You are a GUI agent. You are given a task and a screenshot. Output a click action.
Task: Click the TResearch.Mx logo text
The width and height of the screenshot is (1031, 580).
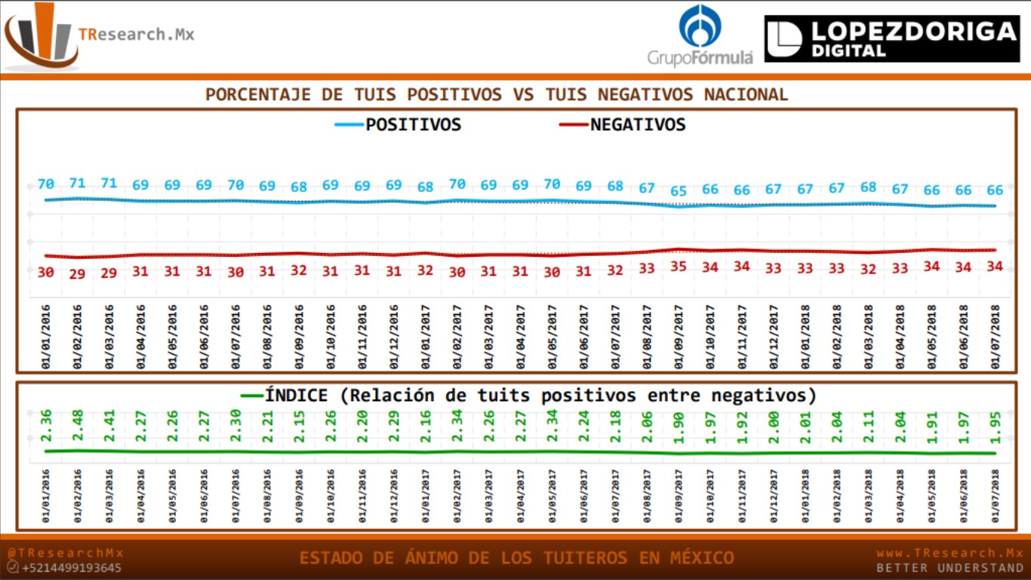tap(136, 34)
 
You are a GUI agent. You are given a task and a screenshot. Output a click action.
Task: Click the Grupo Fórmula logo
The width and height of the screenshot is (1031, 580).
tap(700, 36)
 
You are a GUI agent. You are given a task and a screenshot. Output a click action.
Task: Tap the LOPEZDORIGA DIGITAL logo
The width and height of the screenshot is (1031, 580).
tap(891, 39)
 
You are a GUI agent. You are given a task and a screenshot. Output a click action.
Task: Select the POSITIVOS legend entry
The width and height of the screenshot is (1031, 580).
tap(413, 125)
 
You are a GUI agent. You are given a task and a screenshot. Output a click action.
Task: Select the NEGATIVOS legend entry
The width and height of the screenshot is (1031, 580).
tap(638, 125)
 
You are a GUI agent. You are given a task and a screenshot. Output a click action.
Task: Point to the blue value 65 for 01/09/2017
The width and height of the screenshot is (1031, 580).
tap(679, 191)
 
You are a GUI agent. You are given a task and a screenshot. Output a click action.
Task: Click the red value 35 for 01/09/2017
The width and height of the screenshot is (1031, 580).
tap(679, 266)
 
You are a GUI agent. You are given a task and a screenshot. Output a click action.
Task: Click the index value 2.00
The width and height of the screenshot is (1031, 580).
tap(774, 427)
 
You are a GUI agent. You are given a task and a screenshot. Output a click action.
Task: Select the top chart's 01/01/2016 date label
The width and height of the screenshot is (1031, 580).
tap(46, 337)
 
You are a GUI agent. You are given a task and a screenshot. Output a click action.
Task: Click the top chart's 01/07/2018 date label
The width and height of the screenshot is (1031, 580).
tap(996, 337)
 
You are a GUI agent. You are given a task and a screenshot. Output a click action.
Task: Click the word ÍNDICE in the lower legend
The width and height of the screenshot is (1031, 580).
tap(296, 396)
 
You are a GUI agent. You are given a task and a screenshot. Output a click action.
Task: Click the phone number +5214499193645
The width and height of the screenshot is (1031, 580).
tap(72, 568)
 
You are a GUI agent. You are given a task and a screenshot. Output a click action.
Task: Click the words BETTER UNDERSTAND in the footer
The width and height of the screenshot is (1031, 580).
tap(949, 568)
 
